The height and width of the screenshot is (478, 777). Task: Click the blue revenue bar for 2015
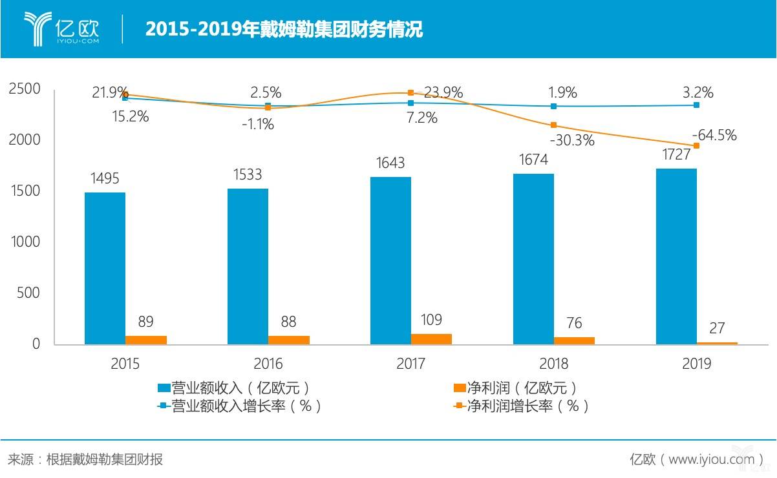105,267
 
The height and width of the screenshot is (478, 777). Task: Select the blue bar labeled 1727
676,256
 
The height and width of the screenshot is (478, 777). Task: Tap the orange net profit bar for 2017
431,338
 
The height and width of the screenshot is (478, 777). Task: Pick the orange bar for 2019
717,342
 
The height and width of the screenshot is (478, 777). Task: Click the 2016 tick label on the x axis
268,364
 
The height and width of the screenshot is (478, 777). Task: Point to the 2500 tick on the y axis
24,89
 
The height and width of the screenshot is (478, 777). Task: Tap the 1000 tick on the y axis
24,242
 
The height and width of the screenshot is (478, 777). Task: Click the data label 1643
391,164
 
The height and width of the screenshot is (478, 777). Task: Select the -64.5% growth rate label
714,135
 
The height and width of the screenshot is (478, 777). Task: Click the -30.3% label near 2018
571,140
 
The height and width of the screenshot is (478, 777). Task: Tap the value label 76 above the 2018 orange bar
573,322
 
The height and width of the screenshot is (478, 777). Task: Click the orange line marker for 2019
696,145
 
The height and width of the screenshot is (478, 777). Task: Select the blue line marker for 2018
553,106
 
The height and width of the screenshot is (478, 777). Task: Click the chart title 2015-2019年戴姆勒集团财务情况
284,29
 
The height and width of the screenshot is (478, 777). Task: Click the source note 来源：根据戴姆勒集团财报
85,459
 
